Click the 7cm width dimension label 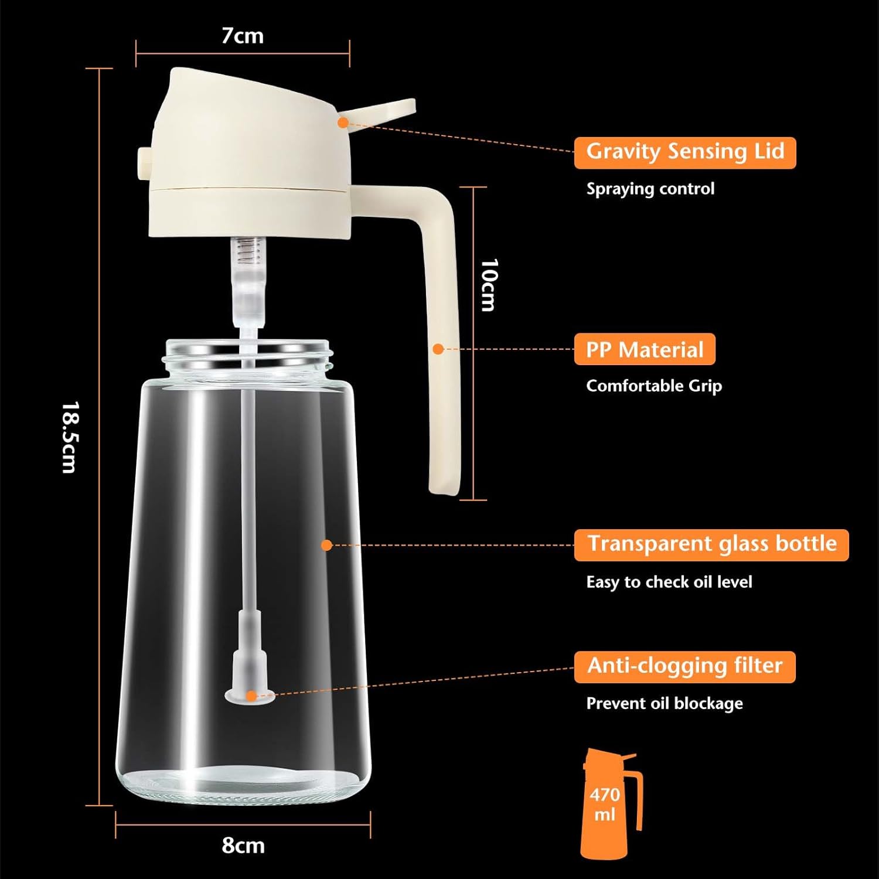[x=242, y=36]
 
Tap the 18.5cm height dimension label [x=70, y=437]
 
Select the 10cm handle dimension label [x=488, y=285]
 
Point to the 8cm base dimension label [x=243, y=846]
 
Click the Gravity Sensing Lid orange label [x=684, y=152]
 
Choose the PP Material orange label [x=644, y=349]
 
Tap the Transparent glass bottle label [x=711, y=544]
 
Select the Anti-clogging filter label [x=684, y=666]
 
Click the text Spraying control [x=650, y=189]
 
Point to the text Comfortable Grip [x=653, y=386]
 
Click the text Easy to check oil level [x=669, y=582]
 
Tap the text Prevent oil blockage [x=664, y=703]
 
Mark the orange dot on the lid [x=343, y=122]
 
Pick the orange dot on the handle [x=438, y=349]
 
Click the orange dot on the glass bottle [x=327, y=545]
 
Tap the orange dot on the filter [x=251, y=696]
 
